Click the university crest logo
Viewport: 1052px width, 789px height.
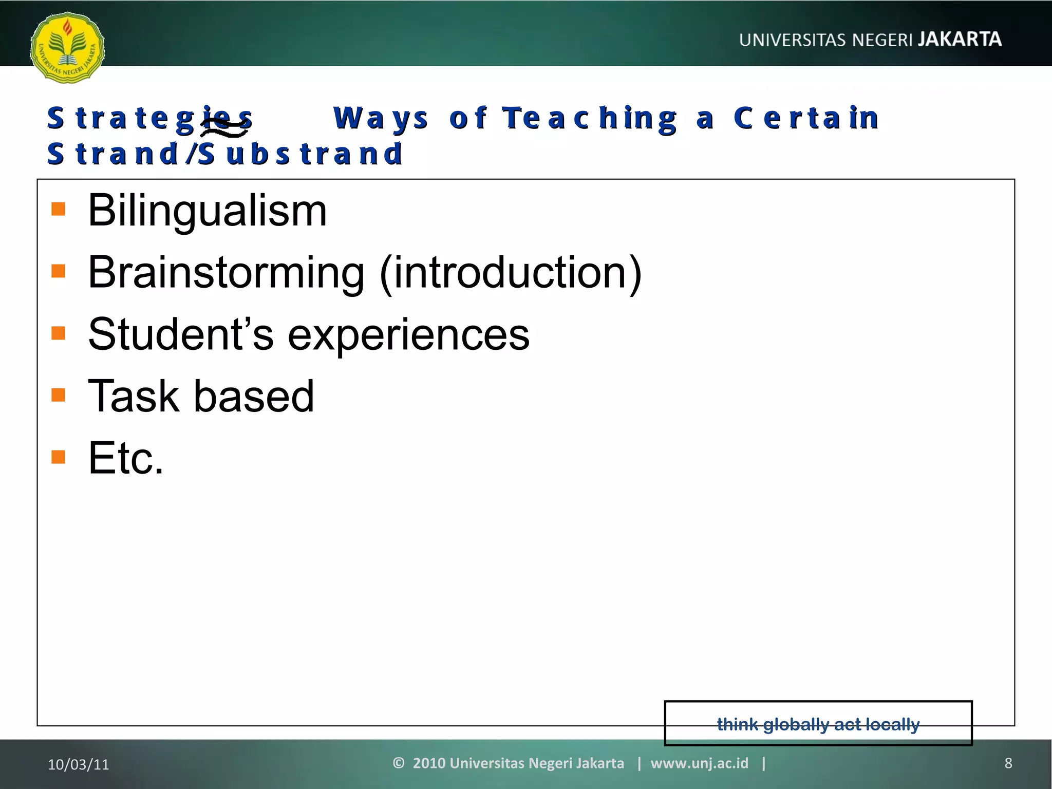67,48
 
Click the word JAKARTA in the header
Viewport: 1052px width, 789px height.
960,39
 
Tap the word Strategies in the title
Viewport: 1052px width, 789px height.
149,118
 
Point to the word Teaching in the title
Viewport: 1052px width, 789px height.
590,118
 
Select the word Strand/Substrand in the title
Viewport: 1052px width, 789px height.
225,154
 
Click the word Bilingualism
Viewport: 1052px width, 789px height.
207,210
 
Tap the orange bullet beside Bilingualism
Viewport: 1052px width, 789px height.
59,209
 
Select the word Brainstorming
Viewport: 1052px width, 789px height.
226,272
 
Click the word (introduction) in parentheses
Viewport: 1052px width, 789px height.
511,272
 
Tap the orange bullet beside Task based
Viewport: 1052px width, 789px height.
59,395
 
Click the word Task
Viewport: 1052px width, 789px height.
133,396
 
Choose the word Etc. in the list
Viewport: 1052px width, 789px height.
126,458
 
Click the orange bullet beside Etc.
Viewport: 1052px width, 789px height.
59,457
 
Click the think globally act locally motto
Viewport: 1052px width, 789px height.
818,724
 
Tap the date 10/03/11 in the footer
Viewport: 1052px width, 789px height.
79,764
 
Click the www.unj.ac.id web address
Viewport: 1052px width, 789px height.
699,763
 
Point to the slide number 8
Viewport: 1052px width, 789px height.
1008,763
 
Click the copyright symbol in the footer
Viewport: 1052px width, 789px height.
399,763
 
